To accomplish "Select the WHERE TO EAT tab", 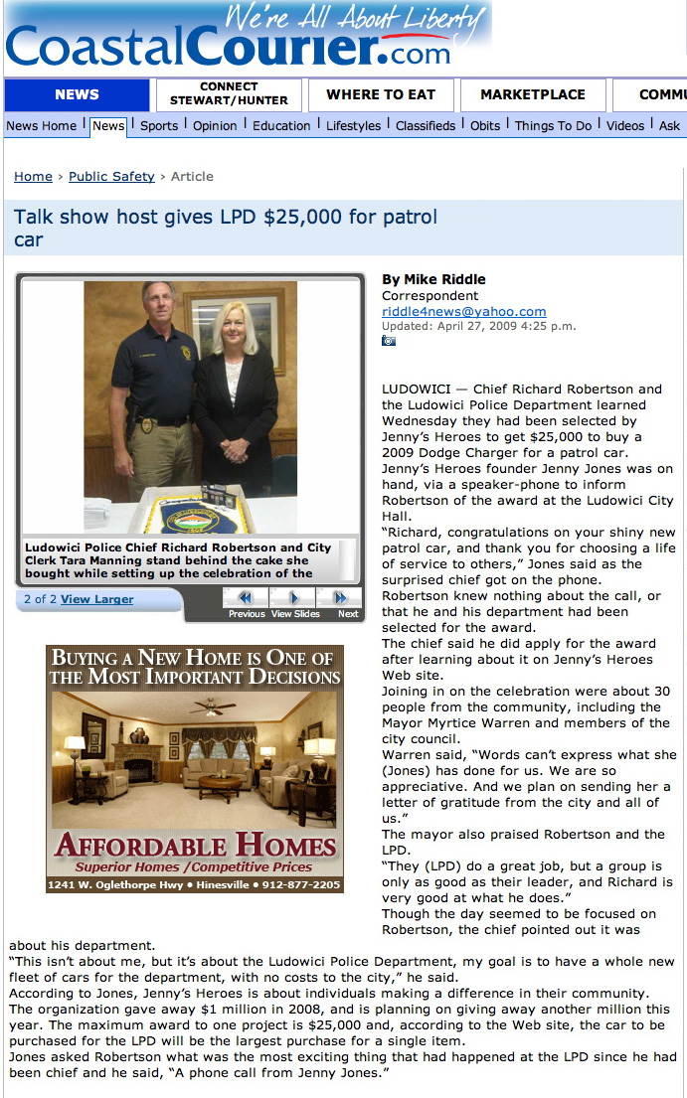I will click(381, 95).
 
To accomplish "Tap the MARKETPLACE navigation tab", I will click(533, 95).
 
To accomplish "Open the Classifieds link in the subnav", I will click(426, 126).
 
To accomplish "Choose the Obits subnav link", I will click(485, 126).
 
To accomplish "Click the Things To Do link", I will click(553, 126).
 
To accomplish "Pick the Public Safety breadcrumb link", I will click(111, 177).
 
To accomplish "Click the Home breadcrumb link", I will click(33, 177).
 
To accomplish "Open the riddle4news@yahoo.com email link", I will click(463, 312).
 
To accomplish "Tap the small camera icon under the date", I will click(389, 341).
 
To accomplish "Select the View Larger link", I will click(96, 599).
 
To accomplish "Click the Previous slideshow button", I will click(246, 598).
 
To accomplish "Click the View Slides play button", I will click(294, 598).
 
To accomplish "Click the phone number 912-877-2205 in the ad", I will click(299, 885).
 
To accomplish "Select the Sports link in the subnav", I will click(159, 126).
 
